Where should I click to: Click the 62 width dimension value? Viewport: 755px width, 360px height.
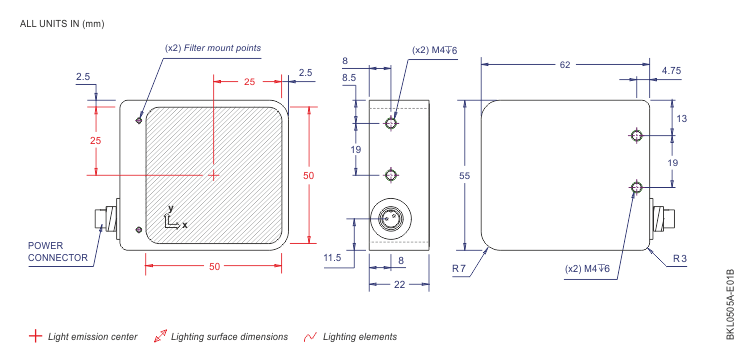565,64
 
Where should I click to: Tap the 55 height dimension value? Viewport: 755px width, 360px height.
465,176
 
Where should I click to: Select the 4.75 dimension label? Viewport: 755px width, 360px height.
671,70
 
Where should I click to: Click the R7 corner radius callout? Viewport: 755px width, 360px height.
458,269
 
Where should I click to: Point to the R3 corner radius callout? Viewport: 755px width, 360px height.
680,259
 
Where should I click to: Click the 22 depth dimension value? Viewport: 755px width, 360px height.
400,284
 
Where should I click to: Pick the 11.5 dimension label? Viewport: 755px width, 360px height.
332,258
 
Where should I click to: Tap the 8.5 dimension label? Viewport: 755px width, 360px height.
349,77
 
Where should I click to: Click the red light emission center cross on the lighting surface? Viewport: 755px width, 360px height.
214,175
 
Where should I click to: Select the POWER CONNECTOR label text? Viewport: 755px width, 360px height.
58,252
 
